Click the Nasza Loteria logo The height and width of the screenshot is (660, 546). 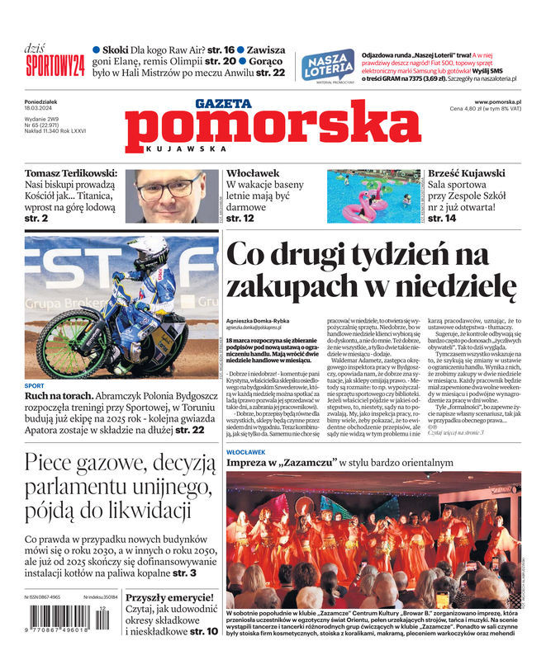click(x=329, y=65)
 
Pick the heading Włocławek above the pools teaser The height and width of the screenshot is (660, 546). click(x=253, y=174)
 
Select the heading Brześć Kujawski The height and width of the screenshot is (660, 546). click(x=467, y=174)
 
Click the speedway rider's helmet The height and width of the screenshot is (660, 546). click(x=150, y=247)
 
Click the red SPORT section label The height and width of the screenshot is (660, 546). click(x=35, y=385)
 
